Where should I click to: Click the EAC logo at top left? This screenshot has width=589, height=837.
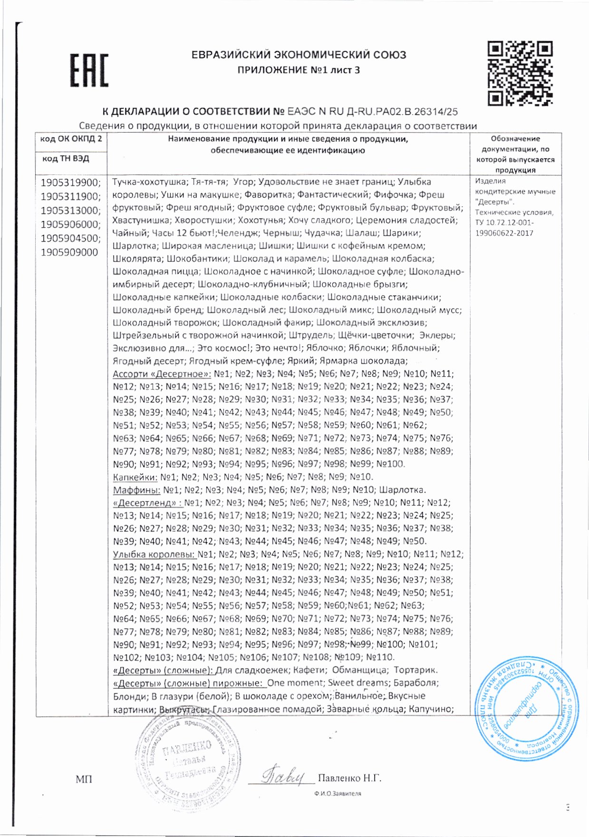point(89,70)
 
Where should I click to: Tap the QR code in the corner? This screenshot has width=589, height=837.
point(520,73)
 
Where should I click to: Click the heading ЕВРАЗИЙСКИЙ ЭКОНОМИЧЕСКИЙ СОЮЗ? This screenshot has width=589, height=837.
point(299,55)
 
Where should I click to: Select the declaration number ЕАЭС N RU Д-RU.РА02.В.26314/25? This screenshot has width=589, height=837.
point(373,112)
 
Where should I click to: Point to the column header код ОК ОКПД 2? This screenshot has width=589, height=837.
point(71,139)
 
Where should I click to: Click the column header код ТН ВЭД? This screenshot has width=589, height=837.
point(66,158)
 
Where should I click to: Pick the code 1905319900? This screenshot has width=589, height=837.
point(70,183)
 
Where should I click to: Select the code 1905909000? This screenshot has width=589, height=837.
point(69,252)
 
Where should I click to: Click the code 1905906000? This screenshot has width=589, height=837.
point(70,224)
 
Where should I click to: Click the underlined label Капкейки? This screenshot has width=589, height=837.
point(135,477)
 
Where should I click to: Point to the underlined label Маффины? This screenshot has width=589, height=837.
point(136,490)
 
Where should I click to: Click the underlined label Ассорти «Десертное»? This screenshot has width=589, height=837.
point(162,374)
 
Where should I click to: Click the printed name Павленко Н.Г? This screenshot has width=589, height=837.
point(349,778)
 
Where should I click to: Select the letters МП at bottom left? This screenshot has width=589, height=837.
point(84,779)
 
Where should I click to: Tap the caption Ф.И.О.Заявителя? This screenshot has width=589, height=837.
point(338,793)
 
